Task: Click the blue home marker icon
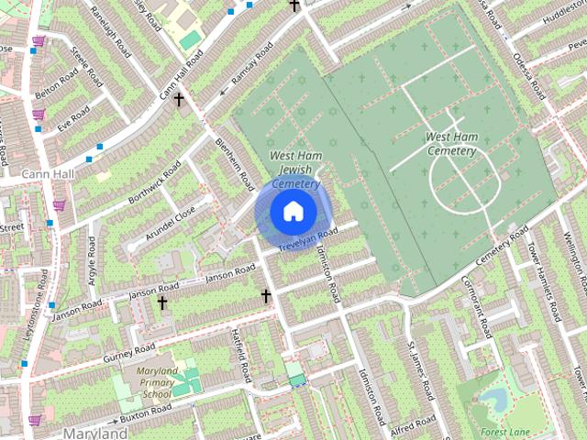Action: (x=293, y=212)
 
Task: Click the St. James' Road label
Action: (x=420, y=370)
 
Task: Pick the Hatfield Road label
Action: (x=244, y=358)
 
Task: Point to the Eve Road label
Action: (x=74, y=119)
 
